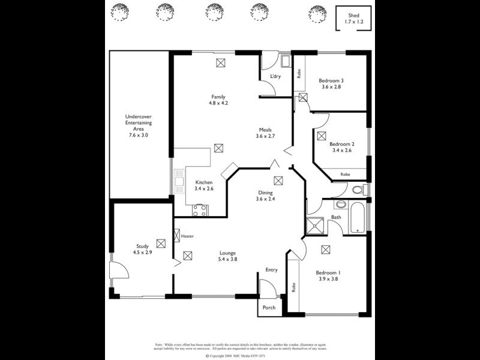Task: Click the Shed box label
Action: [x=353, y=16]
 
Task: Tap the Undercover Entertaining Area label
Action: [x=138, y=122]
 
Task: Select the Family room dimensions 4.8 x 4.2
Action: [x=218, y=103]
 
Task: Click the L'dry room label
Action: [x=275, y=76]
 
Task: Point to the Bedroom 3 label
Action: [x=331, y=81]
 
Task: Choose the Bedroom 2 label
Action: [x=341, y=144]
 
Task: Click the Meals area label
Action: [x=265, y=130]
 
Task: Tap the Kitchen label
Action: [x=204, y=182]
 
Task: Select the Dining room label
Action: [x=265, y=193]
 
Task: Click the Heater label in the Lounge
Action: [x=187, y=236]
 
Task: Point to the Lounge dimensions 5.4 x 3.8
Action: [x=227, y=259]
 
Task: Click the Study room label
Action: [x=142, y=246]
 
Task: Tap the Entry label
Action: [x=271, y=270]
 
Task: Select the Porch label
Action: [x=269, y=308]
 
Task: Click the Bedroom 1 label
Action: [x=328, y=272]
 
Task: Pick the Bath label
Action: [x=336, y=217]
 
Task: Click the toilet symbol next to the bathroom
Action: [x=358, y=190]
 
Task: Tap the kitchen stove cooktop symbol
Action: [x=200, y=211]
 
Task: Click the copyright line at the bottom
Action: [x=240, y=356]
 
